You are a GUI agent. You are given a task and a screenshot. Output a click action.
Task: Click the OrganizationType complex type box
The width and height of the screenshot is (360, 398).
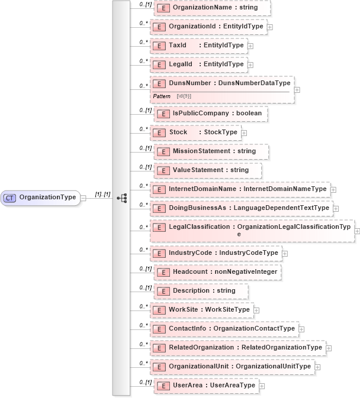click(42, 198)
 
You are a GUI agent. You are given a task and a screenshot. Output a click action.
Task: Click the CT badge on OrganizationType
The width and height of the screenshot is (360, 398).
click(10, 198)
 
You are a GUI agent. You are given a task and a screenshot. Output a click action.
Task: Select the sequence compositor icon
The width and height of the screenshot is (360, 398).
click(121, 198)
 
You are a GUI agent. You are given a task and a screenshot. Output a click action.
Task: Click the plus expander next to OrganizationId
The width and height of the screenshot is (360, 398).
click(269, 27)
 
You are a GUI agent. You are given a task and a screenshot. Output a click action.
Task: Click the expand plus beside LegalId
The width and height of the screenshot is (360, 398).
click(250, 64)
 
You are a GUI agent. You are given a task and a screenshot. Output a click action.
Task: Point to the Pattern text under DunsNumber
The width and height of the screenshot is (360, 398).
click(162, 96)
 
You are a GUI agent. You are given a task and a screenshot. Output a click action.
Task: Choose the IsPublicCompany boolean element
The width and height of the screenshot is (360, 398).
click(211, 114)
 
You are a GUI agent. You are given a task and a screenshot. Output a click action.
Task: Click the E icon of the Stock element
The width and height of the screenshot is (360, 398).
click(158, 132)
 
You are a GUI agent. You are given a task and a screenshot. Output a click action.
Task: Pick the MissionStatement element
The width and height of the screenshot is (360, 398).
click(211, 151)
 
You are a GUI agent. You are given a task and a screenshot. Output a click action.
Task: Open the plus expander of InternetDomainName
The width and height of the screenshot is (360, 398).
click(333, 190)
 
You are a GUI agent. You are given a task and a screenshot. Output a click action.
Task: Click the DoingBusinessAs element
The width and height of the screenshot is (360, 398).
click(241, 208)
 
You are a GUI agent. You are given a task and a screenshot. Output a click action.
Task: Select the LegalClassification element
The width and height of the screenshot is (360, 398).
click(252, 230)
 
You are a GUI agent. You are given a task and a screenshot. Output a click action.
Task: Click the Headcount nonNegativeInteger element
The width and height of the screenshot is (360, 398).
click(217, 271)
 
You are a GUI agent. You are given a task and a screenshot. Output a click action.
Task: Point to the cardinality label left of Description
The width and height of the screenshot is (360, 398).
click(145, 287)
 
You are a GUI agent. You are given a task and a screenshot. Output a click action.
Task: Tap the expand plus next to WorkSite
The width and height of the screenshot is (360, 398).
click(256, 310)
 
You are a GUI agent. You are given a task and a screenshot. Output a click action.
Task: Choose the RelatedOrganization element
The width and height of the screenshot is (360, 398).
click(237, 348)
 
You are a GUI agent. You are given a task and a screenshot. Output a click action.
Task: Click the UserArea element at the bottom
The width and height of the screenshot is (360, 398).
click(205, 386)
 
